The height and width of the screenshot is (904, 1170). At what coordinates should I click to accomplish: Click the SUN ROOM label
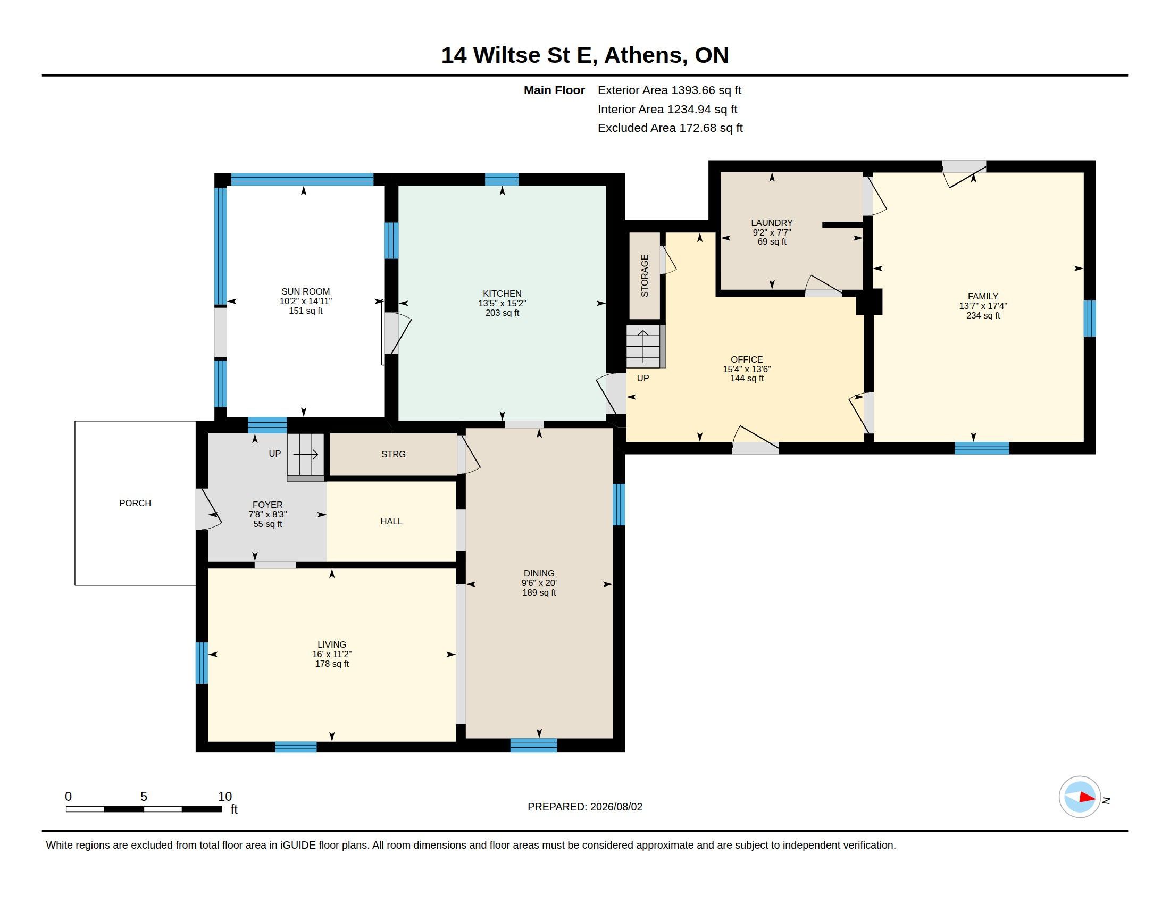(x=305, y=292)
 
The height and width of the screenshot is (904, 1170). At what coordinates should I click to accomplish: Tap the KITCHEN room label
(x=502, y=294)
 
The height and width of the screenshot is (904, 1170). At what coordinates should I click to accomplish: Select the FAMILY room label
(x=982, y=296)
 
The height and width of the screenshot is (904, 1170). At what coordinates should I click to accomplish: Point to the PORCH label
(x=135, y=503)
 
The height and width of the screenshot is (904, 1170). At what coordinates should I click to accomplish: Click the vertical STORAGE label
(x=645, y=276)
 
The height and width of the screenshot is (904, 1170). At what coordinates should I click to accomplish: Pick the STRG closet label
(x=393, y=454)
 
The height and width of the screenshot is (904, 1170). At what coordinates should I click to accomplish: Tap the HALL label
(x=391, y=521)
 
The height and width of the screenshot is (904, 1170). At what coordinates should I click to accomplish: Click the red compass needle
(x=1087, y=797)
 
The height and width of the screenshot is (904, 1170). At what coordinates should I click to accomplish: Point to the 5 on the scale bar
(x=144, y=797)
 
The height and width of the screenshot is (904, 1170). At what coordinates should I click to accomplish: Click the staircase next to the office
(x=646, y=347)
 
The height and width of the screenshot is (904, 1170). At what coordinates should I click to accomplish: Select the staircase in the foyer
(x=305, y=457)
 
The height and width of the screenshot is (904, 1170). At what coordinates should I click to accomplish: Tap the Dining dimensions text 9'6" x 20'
(x=539, y=583)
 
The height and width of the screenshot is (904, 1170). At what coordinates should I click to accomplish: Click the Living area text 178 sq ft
(x=332, y=664)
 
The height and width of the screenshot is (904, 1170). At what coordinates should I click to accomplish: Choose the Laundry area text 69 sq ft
(x=772, y=241)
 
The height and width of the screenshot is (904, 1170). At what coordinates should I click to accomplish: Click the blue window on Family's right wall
(x=1090, y=318)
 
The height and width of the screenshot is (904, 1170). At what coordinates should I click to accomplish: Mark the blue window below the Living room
(x=296, y=747)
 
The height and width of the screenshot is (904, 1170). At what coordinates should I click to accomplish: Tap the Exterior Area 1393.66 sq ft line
(x=669, y=90)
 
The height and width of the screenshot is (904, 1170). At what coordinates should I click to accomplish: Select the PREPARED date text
(x=584, y=807)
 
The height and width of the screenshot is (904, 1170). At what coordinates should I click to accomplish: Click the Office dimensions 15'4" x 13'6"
(x=746, y=369)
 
